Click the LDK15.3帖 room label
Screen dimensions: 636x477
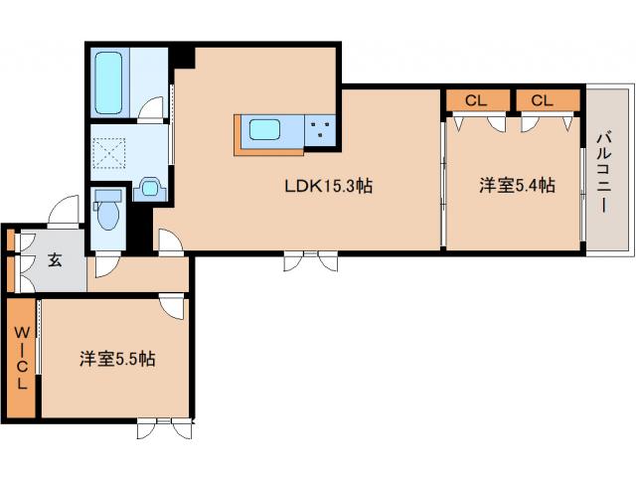tap(329, 186)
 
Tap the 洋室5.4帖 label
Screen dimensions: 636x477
tap(517, 186)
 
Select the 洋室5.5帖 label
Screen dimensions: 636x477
tap(117, 359)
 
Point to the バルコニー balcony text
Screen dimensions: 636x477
tap(604, 172)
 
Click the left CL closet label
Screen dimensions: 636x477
tap(476, 100)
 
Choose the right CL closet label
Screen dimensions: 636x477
tap(542, 100)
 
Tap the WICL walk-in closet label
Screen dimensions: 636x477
tap(22, 358)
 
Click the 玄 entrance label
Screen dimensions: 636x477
tap(56, 260)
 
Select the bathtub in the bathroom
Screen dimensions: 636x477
tap(108, 82)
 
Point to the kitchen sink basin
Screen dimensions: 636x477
tap(264, 129)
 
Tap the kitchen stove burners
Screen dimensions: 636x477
tap(320, 130)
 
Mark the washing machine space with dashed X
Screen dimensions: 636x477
tap(109, 153)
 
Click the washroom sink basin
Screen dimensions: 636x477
tap(150, 188)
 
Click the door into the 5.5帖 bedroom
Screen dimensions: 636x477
tap(172, 306)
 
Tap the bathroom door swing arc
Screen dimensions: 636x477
tap(151, 108)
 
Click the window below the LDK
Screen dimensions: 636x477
tap(310, 260)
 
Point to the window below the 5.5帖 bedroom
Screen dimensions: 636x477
tap(164, 428)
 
